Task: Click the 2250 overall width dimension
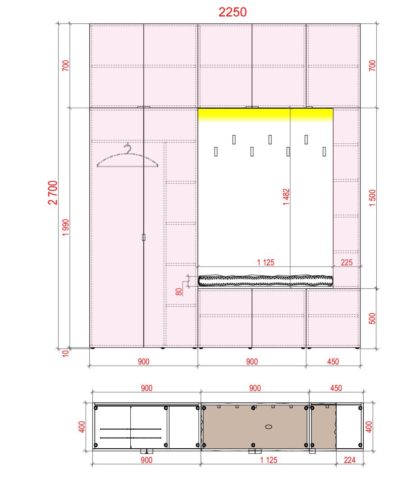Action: point(233,12)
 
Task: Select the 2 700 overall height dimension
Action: point(53,193)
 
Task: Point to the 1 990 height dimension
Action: point(65,227)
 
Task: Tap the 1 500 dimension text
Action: point(372,198)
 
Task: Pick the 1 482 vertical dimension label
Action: point(286,197)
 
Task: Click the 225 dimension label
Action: point(347,262)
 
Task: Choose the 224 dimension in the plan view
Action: point(350,460)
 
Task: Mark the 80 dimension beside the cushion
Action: point(179,292)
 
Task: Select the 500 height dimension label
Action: point(372,318)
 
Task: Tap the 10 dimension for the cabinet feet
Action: point(65,354)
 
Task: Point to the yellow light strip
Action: point(265,115)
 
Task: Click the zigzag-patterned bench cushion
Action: point(265,280)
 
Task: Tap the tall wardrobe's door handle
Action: point(143,237)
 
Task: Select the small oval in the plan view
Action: point(269,427)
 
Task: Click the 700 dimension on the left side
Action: point(65,65)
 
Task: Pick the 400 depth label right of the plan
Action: point(369,427)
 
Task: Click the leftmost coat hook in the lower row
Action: point(216,152)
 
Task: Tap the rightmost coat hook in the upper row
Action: point(306,139)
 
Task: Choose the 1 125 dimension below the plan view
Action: point(269,460)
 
